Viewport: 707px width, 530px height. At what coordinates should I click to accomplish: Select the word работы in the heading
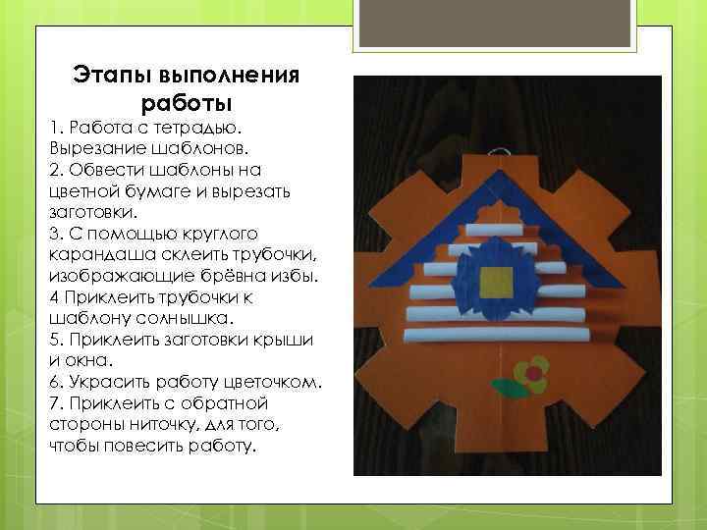pyautogui.click(x=187, y=101)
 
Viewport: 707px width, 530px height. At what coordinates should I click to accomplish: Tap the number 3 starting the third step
pyautogui.click(x=53, y=233)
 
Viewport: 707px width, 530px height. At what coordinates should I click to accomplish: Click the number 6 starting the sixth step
pyautogui.click(x=53, y=381)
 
